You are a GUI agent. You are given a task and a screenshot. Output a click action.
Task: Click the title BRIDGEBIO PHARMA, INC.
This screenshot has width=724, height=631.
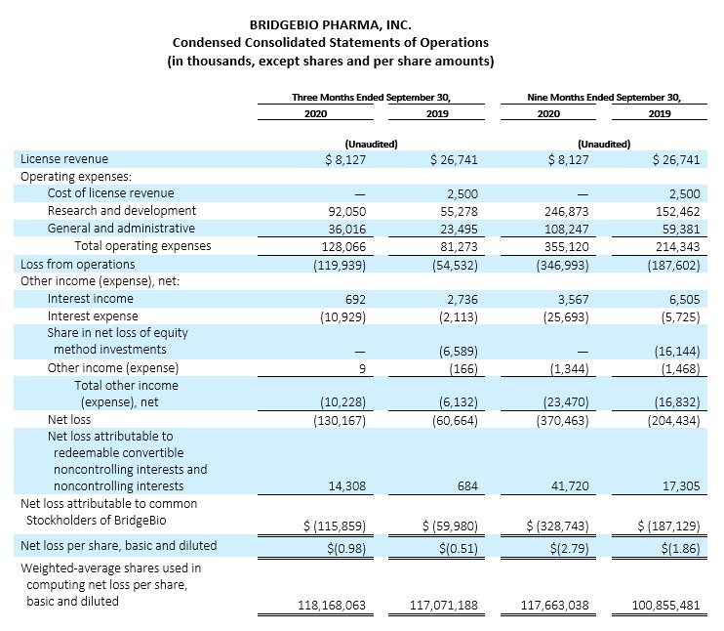click(x=330, y=24)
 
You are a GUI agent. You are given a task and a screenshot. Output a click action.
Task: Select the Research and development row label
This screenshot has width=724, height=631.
click(x=122, y=211)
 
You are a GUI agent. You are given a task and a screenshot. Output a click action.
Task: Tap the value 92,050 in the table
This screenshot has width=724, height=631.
click(x=346, y=212)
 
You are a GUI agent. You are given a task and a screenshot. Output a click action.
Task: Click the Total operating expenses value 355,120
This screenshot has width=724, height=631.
click(x=567, y=247)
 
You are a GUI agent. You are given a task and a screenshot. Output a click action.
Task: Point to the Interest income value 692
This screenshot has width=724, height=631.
click(x=355, y=300)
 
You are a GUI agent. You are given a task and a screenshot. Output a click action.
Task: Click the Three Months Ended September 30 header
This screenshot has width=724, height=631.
click(x=371, y=97)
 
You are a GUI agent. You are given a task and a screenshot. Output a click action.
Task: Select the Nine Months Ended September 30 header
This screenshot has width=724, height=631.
click(x=604, y=97)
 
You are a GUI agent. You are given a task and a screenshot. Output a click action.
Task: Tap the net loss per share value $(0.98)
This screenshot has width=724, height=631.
click(x=346, y=548)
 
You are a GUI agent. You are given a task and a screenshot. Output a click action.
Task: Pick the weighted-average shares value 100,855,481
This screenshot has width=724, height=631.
click(x=665, y=605)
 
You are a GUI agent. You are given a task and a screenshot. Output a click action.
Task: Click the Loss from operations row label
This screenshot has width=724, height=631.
click(x=78, y=265)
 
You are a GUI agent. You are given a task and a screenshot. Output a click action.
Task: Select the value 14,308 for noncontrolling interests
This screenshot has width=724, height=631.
click(x=347, y=486)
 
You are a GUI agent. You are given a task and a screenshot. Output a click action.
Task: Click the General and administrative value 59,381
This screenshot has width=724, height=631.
click(x=681, y=230)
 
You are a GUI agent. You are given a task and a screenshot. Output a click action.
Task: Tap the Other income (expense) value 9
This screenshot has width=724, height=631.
click(x=362, y=369)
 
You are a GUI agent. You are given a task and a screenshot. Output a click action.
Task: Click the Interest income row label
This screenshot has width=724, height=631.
click(x=91, y=299)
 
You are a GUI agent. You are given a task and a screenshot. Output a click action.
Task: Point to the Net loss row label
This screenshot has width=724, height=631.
click(x=69, y=420)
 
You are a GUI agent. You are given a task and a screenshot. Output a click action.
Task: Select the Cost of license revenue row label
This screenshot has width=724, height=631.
click(x=111, y=193)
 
